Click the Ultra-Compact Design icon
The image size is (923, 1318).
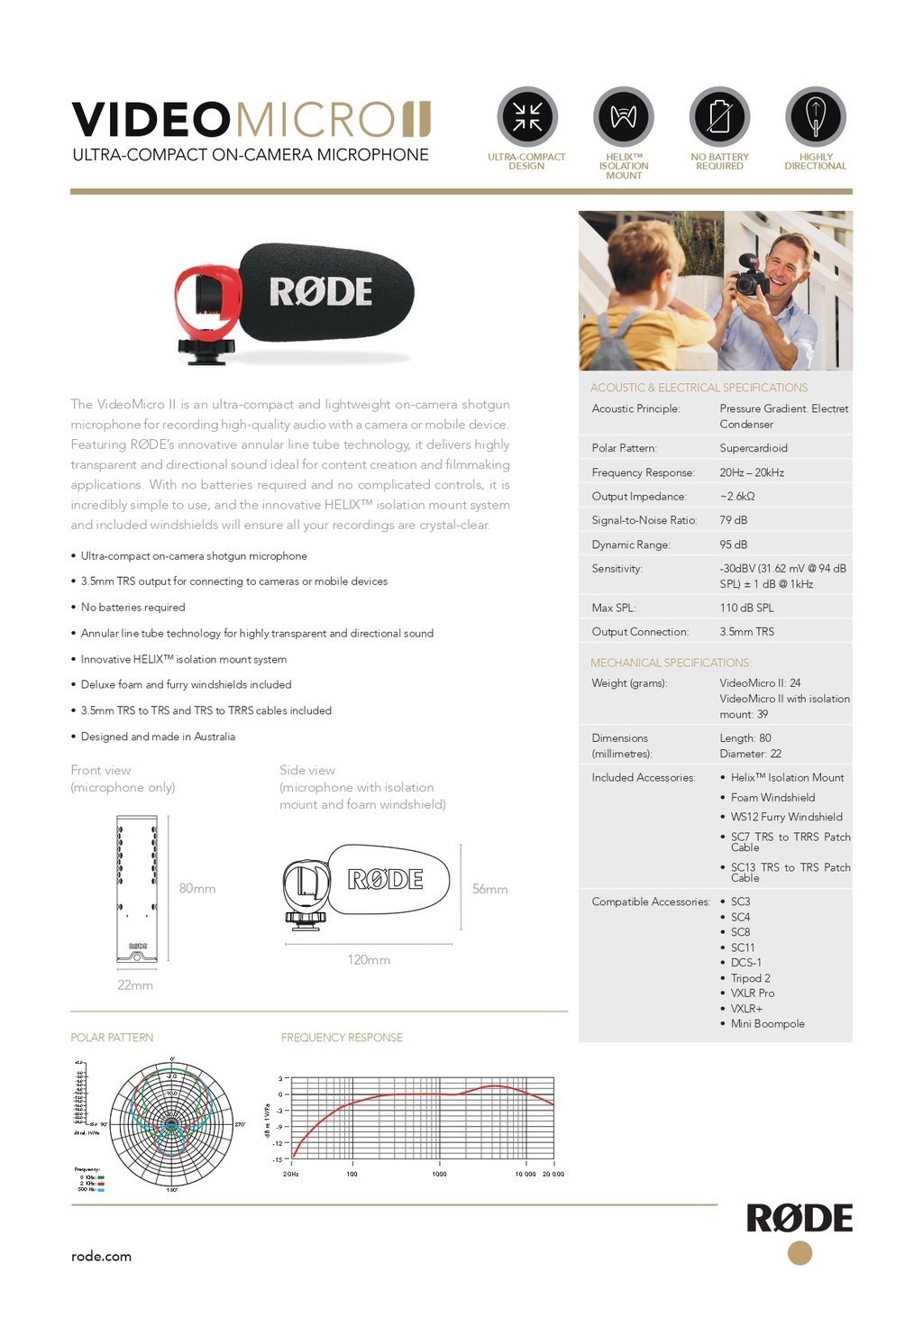[527, 116]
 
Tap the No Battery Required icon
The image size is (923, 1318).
[719, 116]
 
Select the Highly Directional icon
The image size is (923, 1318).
[816, 116]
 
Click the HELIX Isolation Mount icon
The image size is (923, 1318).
[623, 116]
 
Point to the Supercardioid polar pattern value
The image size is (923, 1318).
[753, 448]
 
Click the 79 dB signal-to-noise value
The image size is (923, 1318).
[734, 520]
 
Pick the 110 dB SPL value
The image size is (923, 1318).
[746, 608]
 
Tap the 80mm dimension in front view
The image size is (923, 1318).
[196, 889]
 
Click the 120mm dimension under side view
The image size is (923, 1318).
[369, 960]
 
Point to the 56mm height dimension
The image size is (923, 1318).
[489, 889]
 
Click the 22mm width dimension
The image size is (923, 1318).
[135, 985]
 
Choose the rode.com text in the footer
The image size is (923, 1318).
[101, 1256]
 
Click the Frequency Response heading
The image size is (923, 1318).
[342, 1038]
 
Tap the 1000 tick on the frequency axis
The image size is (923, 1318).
[439, 1174]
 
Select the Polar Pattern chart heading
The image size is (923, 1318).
[112, 1038]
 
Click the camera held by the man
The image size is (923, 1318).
[752, 276]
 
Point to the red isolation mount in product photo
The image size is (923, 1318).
[207, 302]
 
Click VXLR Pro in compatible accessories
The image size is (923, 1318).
[752, 993]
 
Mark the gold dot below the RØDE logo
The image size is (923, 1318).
[800, 1253]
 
